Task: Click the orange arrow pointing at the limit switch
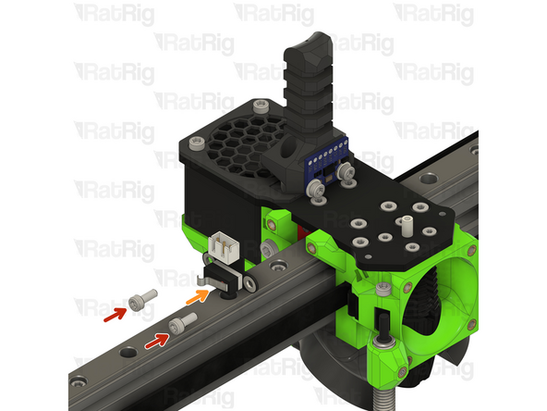click(196, 298)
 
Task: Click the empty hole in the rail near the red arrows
click(129, 352)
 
